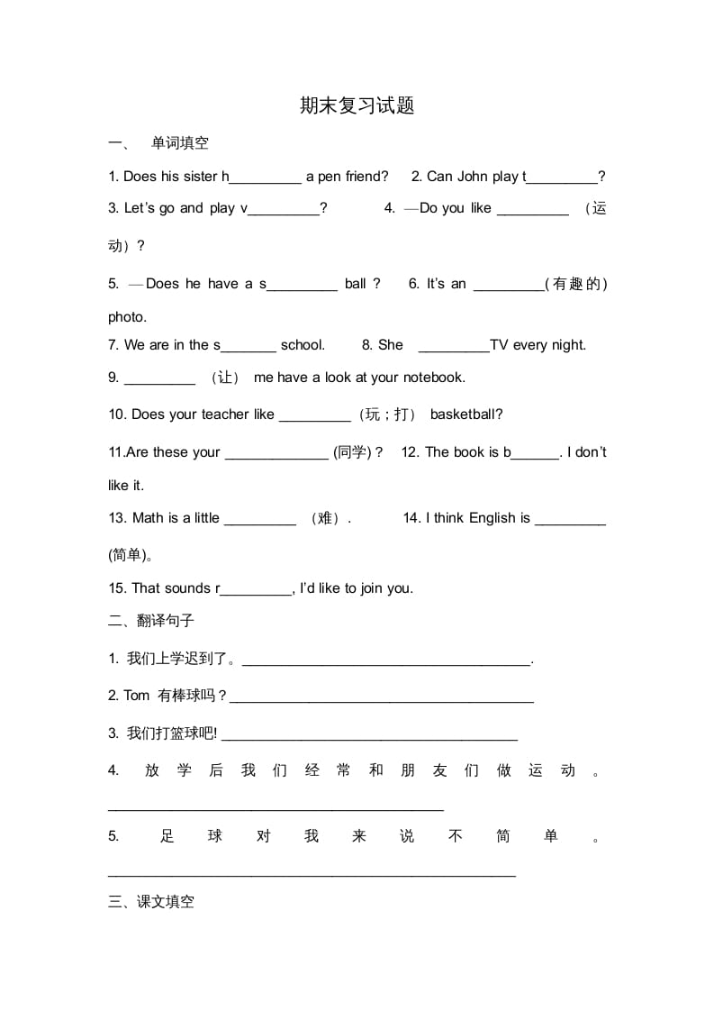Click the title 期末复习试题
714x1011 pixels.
pos(357,106)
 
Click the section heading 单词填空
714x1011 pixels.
pos(180,142)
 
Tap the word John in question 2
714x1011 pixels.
pos(473,177)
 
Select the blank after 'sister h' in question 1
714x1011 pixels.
pos(266,178)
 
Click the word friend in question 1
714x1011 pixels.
pos(366,177)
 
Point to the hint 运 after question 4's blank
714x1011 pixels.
pos(600,208)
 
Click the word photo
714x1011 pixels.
pos(127,317)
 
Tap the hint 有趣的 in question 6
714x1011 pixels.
pos(576,284)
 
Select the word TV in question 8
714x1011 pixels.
pos(500,344)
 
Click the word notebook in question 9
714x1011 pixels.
pos(434,378)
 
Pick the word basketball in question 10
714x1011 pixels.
pos(466,414)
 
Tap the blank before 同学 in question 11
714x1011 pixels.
pos(276,455)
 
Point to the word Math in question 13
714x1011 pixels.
pos(148,518)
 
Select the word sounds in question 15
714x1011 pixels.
pos(188,588)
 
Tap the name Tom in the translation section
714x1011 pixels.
pos(137,695)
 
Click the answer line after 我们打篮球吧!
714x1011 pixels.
pos(369,736)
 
